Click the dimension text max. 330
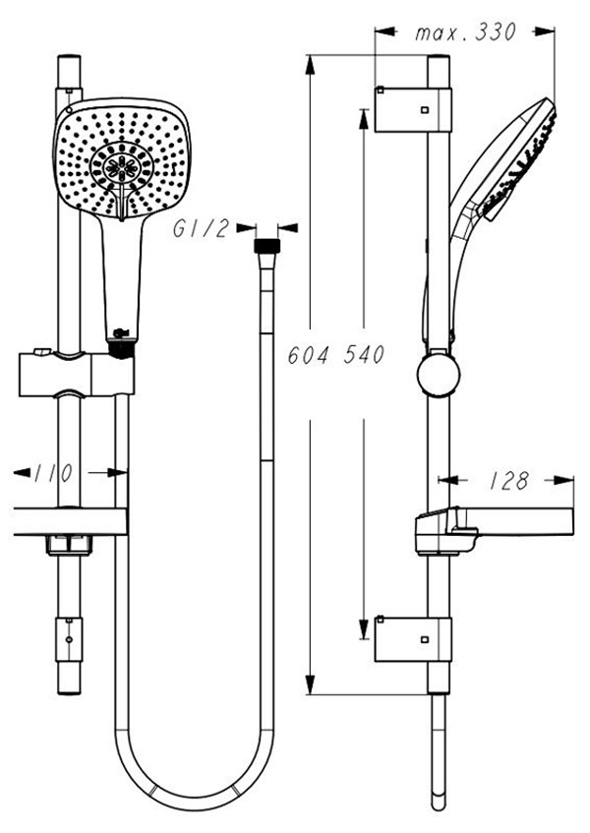(465, 32)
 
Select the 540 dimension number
(363, 355)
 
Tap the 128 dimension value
(508, 481)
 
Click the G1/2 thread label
(201, 229)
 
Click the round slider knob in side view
(438, 377)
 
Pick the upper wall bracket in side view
(413, 109)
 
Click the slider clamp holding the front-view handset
(74, 374)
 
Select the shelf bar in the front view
(69, 521)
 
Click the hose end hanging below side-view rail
(438, 787)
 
